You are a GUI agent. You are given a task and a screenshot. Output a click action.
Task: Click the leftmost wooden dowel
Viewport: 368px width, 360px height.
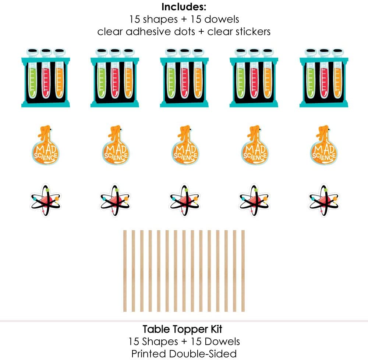[x=125, y=271]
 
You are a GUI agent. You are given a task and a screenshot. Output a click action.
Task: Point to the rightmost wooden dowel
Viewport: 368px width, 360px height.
[x=243, y=271]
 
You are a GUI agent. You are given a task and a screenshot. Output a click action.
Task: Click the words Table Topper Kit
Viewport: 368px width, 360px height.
[x=183, y=329]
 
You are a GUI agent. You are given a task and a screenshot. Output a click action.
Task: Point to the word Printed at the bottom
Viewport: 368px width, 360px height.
[x=149, y=354]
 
